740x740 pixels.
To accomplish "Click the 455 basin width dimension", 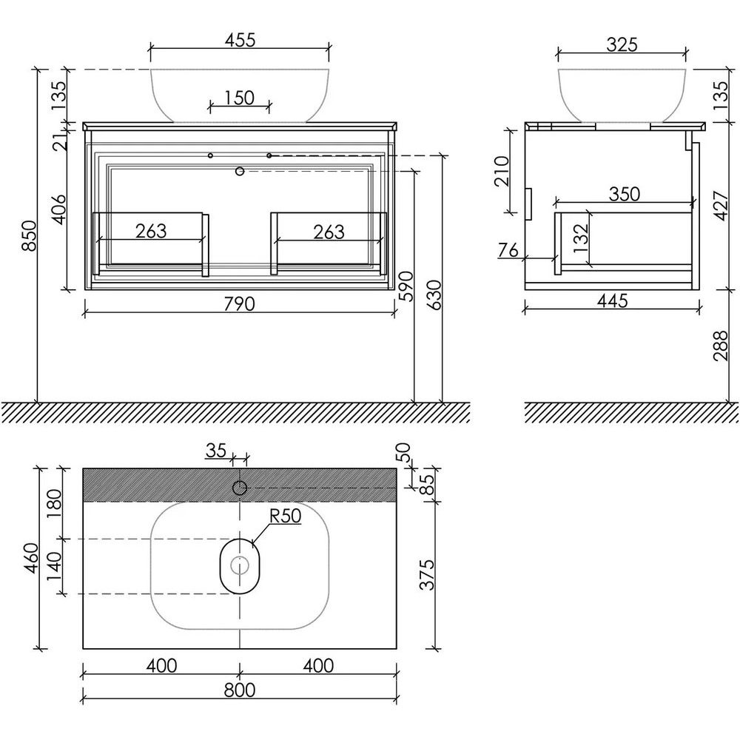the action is click(240, 40).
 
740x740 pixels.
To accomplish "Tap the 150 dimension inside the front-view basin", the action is click(240, 98).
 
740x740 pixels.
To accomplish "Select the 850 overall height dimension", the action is click(30, 235).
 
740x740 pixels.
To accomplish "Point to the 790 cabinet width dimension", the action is click(239, 304).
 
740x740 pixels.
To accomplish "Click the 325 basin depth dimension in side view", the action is click(622, 44).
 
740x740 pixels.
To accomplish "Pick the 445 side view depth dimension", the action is click(612, 300).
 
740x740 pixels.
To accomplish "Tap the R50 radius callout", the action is click(286, 516).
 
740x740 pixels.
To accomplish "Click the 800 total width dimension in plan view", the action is click(240, 690).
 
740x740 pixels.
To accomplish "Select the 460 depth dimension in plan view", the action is click(30, 558).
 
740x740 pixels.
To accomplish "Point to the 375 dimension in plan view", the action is click(427, 574).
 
